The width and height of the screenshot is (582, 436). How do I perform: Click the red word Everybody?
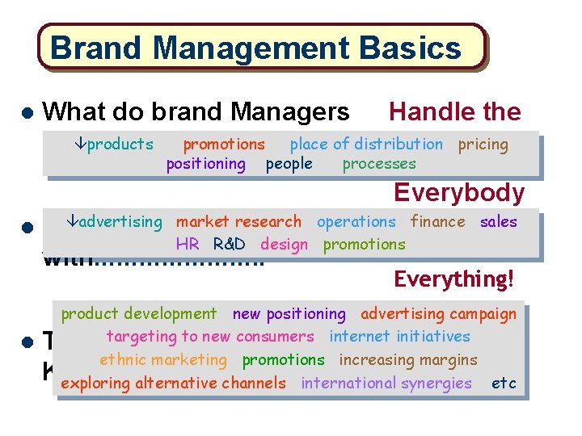(x=459, y=193)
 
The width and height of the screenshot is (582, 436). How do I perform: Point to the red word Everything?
(x=453, y=279)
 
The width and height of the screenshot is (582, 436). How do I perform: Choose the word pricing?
(x=483, y=145)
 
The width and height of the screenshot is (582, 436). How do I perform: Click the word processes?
(x=379, y=164)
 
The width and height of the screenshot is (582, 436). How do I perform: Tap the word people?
(x=289, y=164)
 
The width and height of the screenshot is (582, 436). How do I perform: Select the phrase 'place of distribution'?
(x=366, y=145)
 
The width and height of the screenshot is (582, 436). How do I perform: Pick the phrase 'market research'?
(x=238, y=221)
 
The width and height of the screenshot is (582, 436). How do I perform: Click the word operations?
(x=356, y=221)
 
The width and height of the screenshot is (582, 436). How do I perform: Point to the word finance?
(x=437, y=221)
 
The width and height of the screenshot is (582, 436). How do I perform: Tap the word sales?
(x=498, y=221)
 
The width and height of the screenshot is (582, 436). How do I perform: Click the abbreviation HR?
(x=188, y=244)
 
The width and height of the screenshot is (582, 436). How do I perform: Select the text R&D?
(x=230, y=244)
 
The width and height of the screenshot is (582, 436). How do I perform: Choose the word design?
(x=284, y=244)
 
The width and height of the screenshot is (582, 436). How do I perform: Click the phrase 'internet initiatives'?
(x=399, y=336)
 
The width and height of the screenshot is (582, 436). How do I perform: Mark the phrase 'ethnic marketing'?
(x=163, y=359)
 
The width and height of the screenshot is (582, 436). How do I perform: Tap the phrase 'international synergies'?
(x=386, y=383)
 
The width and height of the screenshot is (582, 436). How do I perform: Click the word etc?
(x=504, y=383)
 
